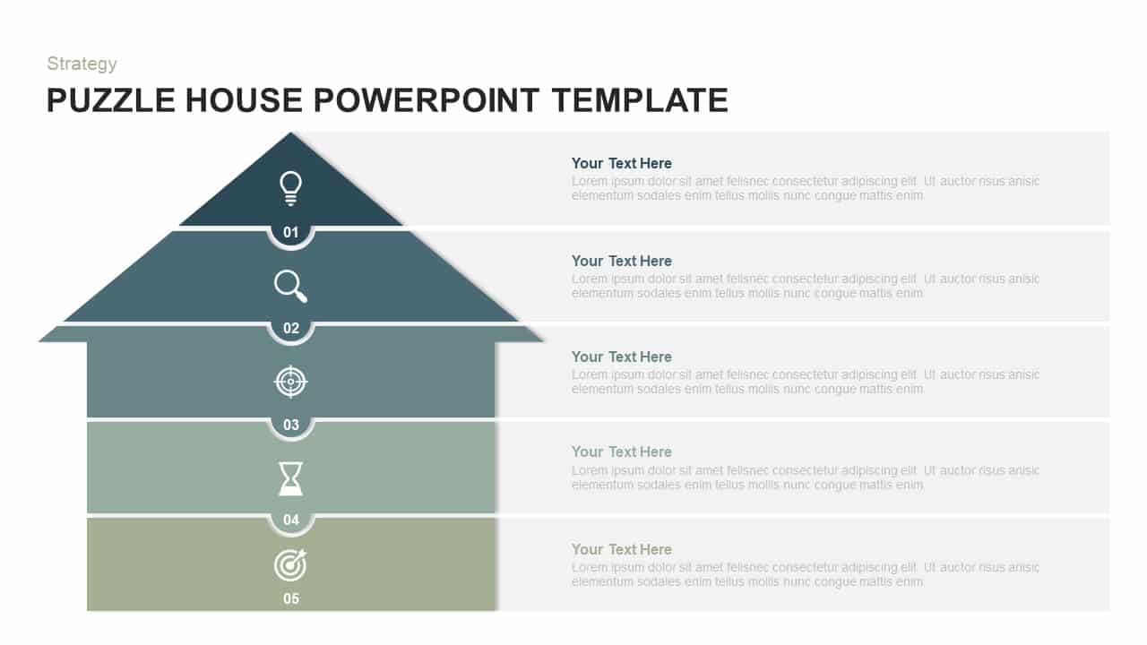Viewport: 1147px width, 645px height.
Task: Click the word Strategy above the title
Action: tap(82, 64)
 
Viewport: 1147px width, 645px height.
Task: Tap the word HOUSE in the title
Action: tap(245, 100)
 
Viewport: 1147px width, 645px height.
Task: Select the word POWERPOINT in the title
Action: tap(427, 100)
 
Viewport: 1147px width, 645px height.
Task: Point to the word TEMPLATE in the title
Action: tap(640, 100)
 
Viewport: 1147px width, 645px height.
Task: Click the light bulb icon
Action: tap(290, 188)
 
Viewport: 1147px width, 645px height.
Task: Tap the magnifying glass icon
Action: tap(290, 286)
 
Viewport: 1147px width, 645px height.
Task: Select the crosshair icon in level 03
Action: tap(290, 382)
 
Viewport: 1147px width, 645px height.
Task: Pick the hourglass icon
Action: tap(290, 478)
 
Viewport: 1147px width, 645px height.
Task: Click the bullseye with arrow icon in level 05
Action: tap(290, 565)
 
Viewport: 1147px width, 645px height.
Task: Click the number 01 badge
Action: tap(291, 233)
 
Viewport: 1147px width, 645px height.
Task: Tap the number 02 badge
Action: tap(291, 329)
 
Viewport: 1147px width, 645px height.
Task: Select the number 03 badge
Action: tap(291, 426)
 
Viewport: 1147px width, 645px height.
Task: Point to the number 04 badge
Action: tap(291, 520)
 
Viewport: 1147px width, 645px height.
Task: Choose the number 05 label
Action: tap(291, 598)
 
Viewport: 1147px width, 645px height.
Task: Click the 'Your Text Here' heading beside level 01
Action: tap(621, 163)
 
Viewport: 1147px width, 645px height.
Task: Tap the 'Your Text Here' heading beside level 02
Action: tap(621, 261)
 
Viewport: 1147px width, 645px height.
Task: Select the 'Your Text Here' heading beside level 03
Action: tap(621, 357)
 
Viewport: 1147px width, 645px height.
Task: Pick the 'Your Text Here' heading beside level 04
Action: tap(621, 451)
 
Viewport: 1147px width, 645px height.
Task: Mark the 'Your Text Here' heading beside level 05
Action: tap(621, 549)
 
